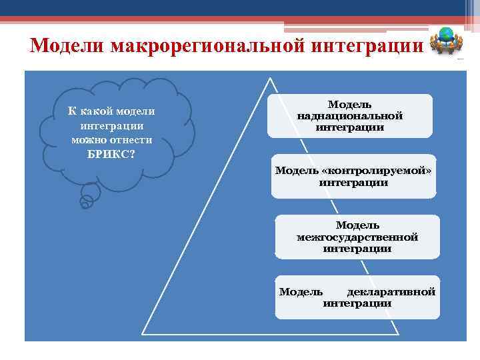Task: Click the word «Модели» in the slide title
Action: click(x=67, y=47)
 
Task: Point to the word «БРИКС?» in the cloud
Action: click(x=112, y=154)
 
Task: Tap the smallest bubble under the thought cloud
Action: click(x=85, y=205)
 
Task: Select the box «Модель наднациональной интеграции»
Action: click(x=350, y=116)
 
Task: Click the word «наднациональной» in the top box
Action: click(x=350, y=116)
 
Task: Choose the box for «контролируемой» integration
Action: click(x=353, y=177)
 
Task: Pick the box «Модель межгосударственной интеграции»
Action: click(x=357, y=237)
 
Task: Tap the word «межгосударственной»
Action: click(x=357, y=237)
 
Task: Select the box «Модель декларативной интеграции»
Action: click(x=357, y=297)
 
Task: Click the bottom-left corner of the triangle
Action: click(x=143, y=334)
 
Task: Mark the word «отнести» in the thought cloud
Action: click(x=133, y=140)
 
